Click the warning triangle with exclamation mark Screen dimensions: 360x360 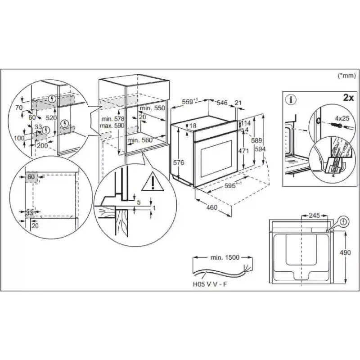point(153,182)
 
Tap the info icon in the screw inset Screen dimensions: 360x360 point(291,99)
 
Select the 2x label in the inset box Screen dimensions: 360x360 point(348,98)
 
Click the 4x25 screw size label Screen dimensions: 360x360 point(342,118)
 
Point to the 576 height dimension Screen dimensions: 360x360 point(179,162)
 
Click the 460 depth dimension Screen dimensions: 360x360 point(211,207)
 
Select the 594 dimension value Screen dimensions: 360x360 point(260,149)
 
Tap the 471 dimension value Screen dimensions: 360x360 point(243,151)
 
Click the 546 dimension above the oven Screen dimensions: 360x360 point(222,103)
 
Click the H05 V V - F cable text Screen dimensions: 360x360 point(210,284)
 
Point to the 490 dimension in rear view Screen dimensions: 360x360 point(345,252)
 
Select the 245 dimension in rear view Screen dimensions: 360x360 point(314,216)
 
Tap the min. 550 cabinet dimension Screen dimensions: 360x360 point(153,108)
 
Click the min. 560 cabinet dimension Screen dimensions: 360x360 point(140,140)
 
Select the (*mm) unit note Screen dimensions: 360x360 point(346,76)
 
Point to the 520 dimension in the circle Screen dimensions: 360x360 point(51,118)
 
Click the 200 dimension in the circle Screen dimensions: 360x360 point(42,145)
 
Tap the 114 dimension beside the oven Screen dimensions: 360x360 point(246,123)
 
